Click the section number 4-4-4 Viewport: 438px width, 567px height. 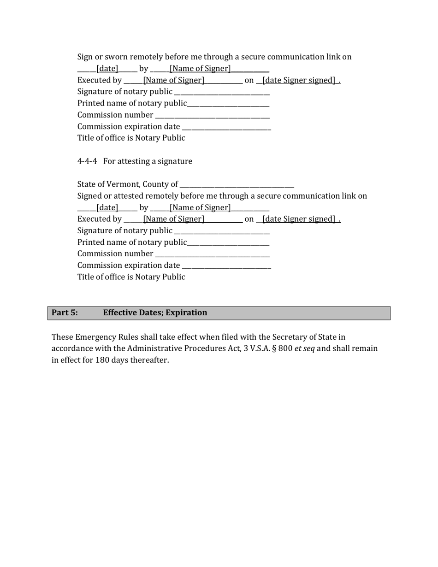[x=87, y=161]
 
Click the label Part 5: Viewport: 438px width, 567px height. [x=65, y=313]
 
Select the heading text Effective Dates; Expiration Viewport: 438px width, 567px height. [x=155, y=313]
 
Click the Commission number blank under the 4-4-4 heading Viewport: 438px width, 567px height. [x=213, y=254]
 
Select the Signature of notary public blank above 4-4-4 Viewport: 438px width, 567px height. [x=222, y=92]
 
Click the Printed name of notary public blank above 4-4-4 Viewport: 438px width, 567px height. [x=228, y=104]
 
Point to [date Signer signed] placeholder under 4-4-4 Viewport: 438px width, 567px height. [x=298, y=219]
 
